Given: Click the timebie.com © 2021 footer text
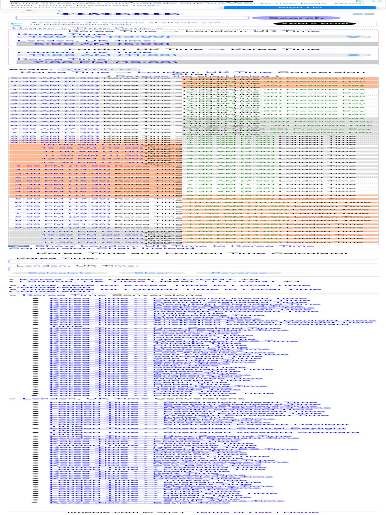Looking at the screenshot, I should pos(126,512).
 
